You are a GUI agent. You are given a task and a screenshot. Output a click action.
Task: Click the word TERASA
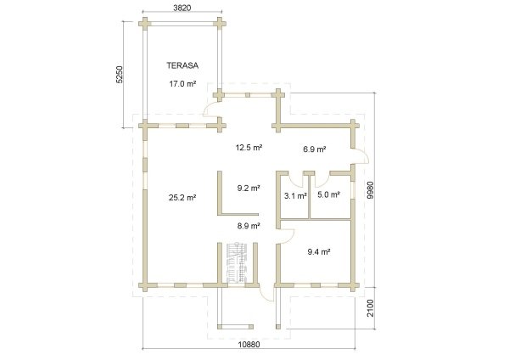[182, 65]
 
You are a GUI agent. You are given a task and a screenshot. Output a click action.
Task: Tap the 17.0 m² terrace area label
[182, 84]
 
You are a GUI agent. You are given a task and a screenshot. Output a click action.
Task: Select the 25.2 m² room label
[182, 197]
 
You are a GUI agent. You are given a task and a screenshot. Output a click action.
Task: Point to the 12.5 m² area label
[249, 148]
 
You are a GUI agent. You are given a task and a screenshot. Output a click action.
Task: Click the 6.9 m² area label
[314, 149]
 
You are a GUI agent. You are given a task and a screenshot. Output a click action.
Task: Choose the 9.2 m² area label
[249, 188]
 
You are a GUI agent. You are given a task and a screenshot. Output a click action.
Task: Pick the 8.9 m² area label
[249, 226]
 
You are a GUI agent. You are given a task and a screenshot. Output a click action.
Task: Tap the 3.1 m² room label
[295, 196]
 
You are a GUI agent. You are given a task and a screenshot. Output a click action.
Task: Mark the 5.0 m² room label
[328, 194]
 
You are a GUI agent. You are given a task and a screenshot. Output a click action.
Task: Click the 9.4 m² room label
[319, 251]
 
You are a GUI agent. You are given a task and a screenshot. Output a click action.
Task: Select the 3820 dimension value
[182, 8]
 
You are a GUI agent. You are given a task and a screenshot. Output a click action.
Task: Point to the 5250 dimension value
[120, 75]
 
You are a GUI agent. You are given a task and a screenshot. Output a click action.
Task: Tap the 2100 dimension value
[370, 308]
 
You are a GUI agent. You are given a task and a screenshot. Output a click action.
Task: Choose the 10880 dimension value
[249, 345]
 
